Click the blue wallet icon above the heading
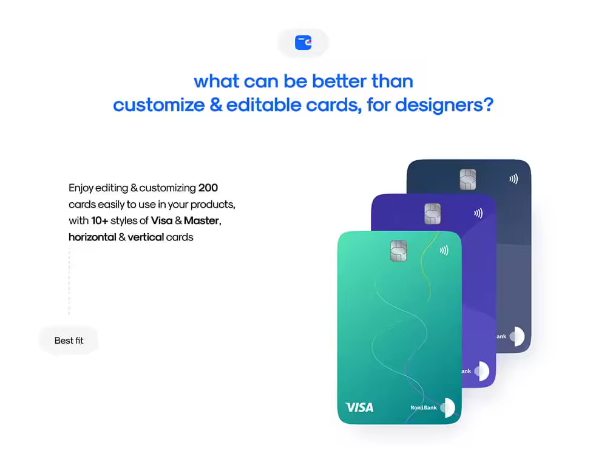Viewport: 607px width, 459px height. tap(303, 42)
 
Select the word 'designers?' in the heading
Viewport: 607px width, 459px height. tap(444, 106)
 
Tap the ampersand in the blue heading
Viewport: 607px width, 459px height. tap(216, 105)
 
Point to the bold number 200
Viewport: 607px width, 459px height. tap(208, 188)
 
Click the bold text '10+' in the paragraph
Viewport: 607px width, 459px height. tap(100, 221)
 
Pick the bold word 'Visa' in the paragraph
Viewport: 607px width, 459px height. tap(161, 221)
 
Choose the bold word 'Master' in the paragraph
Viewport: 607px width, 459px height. tap(202, 221)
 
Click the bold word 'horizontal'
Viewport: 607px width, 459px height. tap(92, 237)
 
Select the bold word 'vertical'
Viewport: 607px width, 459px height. tap(146, 237)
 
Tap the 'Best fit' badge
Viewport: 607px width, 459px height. tap(69, 341)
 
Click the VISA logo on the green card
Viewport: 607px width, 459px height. tap(359, 407)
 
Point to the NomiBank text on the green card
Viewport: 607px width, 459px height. tap(424, 407)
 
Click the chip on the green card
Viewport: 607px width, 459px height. tap(398, 251)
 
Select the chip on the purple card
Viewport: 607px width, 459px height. tap(432, 214)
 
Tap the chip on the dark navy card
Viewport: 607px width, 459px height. tap(467, 179)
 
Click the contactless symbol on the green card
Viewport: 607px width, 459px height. tap(444, 251)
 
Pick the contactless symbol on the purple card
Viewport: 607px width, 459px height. tap(478, 213)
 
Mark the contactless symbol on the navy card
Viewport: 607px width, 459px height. tap(514, 178)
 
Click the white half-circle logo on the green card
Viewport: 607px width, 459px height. tap(450, 407)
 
